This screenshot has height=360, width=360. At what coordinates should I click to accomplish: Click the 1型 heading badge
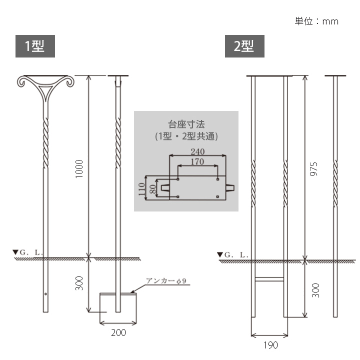click(x=34, y=46)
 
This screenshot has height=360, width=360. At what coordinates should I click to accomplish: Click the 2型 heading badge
click(x=244, y=46)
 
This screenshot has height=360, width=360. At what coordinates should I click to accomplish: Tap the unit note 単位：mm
click(x=316, y=21)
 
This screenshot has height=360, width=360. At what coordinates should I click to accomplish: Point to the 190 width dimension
click(x=270, y=344)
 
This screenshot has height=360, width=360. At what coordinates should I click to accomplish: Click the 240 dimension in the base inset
click(x=197, y=151)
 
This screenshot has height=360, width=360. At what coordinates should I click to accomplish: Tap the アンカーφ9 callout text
click(x=166, y=281)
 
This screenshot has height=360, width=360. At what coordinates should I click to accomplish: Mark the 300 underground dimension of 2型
click(x=313, y=290)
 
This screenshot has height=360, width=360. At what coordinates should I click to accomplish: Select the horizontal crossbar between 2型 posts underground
click(x=270, y=278)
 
